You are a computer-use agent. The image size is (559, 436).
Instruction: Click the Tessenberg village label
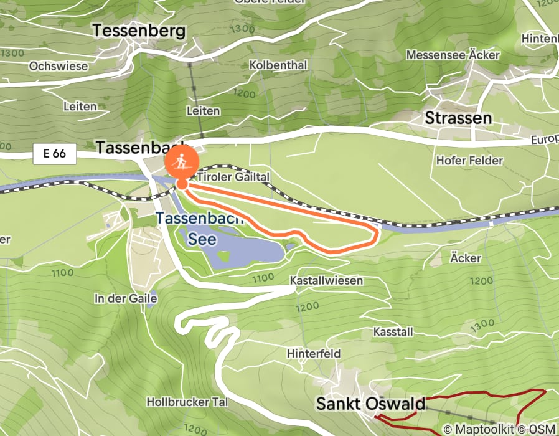pyautogui.click(x=139, y=31)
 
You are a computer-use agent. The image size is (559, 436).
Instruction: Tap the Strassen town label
pyautogui.click(x=458, y=118)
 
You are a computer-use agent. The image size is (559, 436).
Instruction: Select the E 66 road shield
pyautogui.click(x=55, y=153)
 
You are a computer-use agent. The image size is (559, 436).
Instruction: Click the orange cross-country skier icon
pyautogui.click(x=182, y=163)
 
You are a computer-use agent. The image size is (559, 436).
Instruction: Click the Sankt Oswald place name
pyautogui.click(x=370, y=403)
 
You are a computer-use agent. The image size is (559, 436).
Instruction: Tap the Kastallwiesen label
pyautogui.click(x=326, y=281)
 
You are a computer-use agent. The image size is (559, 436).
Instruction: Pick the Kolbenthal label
pyautogui.click(x=278, y=65)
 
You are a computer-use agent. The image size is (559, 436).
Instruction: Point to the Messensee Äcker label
pyautogui.click(x=453, y=55)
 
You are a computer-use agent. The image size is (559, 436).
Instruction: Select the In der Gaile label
pyautogui.click(x=126, y=298)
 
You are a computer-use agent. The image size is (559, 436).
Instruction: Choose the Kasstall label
pyautogui.click(x=393, y=331)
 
